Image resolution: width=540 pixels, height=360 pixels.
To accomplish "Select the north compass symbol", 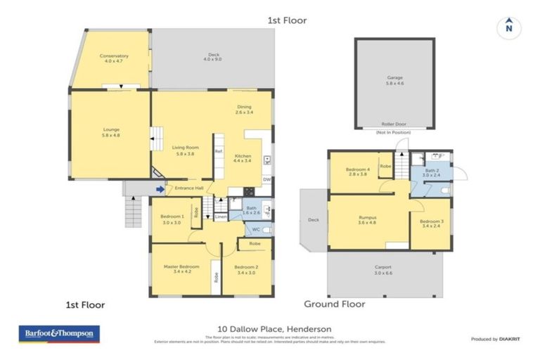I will click(508, 28).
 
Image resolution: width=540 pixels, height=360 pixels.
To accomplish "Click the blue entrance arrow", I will click(160, 188).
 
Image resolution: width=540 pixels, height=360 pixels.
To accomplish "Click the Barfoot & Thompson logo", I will click(58, 333).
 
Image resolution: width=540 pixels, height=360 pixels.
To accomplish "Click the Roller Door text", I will click(394, 124).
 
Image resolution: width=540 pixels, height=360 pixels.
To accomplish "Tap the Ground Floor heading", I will click(334, 304).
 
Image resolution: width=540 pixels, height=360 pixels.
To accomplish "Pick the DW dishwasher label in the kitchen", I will click(266, 180).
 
